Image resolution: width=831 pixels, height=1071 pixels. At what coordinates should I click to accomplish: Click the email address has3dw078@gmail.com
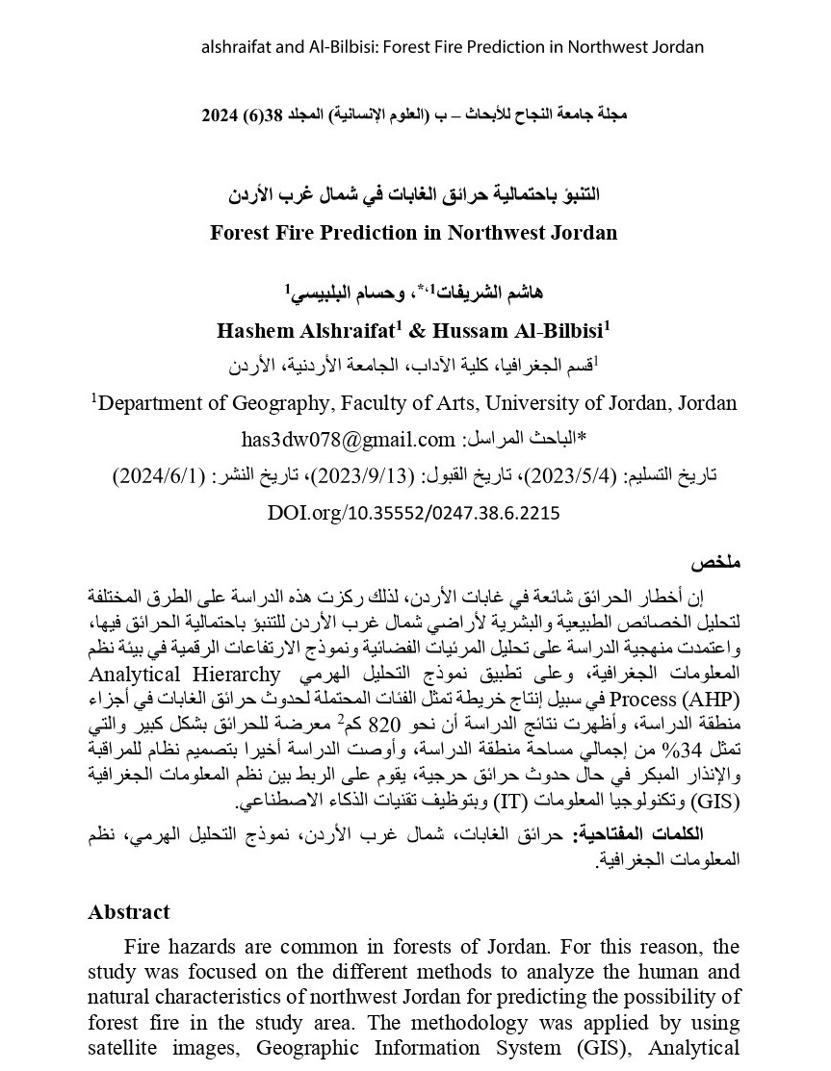[x=348, y=439]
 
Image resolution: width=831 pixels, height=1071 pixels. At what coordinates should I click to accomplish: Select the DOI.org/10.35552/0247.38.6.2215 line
[x=414, y=514]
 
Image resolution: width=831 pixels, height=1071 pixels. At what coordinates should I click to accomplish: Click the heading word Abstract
[x=129, y=911]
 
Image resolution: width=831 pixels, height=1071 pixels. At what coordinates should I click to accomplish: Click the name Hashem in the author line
[x=256, y=330]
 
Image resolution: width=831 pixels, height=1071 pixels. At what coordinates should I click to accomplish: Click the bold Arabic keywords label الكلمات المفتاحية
[x=653, y=833]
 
